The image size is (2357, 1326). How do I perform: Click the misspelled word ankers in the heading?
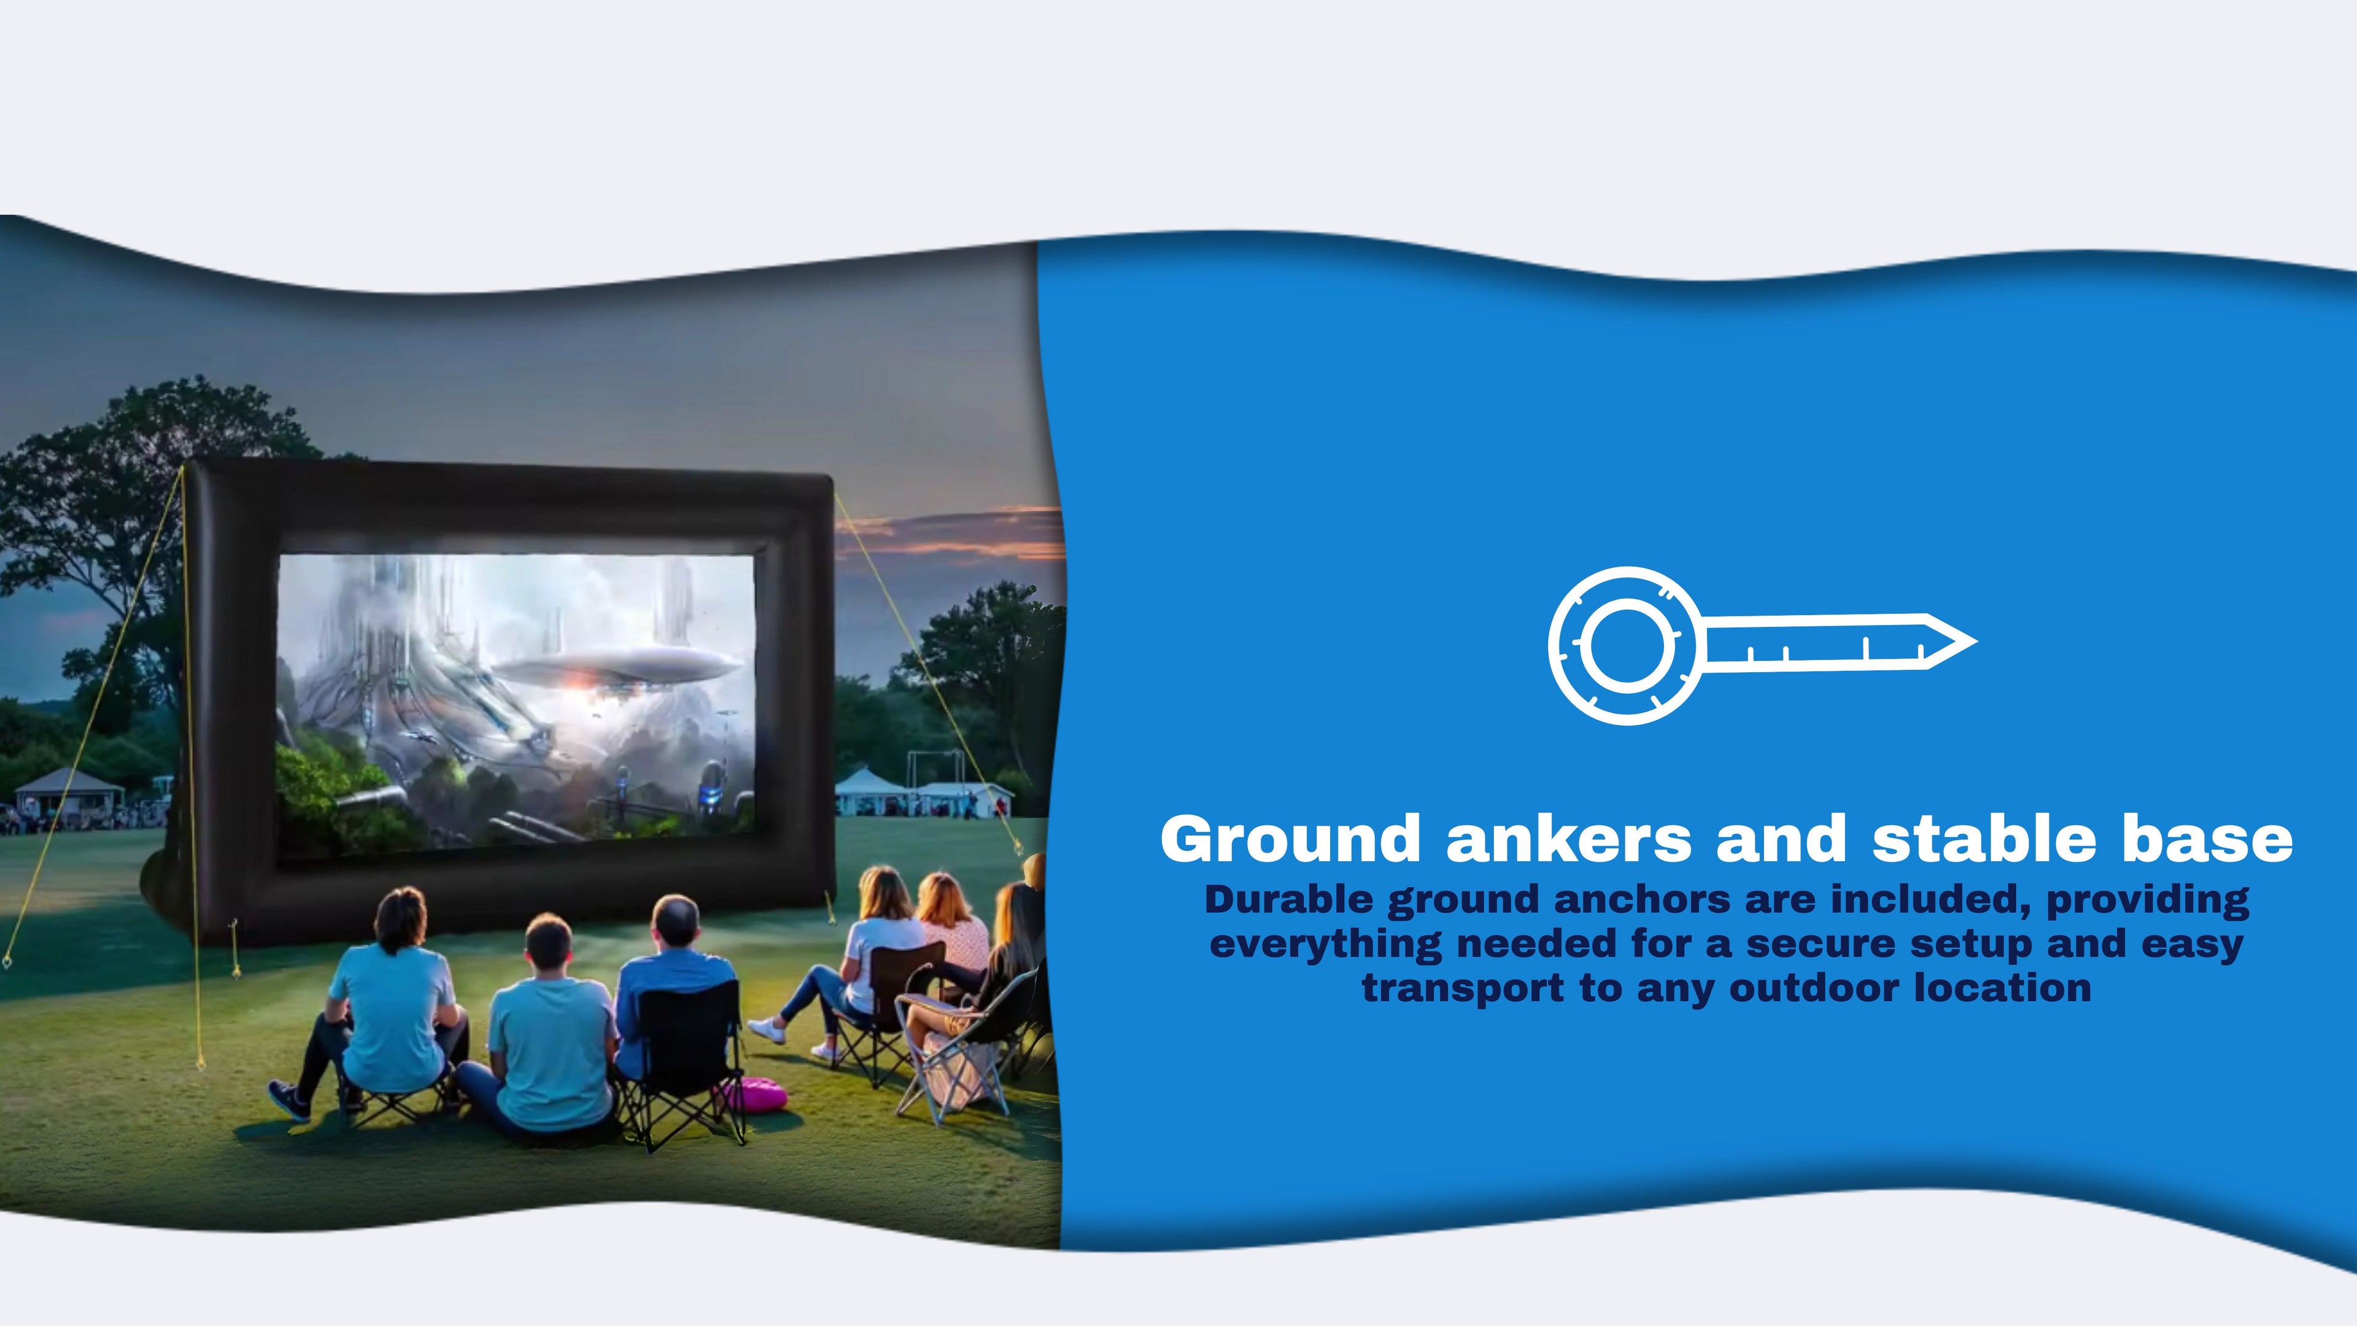(1569, 839)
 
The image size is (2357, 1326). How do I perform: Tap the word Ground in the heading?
(1290, 839)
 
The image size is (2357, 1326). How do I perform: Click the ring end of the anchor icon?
(1623, 645)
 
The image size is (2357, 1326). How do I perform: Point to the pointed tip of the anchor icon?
(1975, 642)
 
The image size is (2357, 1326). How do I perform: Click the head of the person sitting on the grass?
(548, 942)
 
